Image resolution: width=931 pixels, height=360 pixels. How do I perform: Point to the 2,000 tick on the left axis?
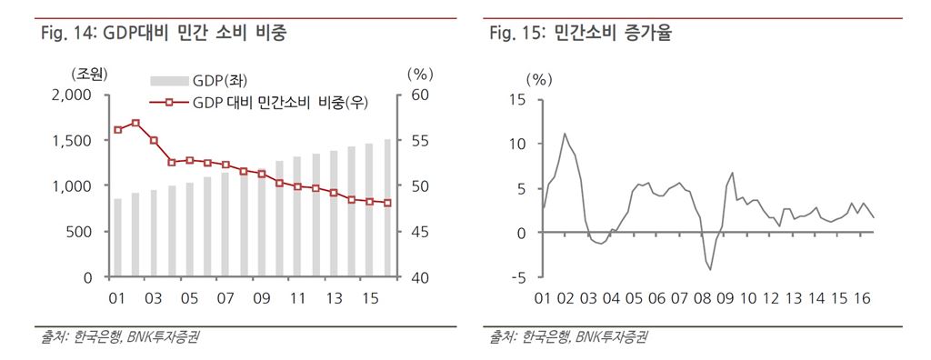72,95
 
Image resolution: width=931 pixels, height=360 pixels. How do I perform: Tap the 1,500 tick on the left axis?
72,140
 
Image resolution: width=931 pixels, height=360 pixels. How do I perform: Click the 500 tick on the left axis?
80,231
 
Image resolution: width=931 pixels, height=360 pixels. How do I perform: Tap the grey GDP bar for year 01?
117,236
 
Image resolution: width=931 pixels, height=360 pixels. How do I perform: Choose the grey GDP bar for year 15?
369,210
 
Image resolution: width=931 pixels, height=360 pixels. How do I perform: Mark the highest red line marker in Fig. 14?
135,123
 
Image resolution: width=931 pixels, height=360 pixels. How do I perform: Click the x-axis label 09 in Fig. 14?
261,298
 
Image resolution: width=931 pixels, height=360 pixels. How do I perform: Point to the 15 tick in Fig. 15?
518,99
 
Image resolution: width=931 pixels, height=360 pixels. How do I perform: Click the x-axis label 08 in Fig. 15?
703,299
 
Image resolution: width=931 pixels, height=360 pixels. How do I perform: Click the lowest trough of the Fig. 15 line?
711,269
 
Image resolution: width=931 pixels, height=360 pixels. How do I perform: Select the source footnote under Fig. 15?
570,338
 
